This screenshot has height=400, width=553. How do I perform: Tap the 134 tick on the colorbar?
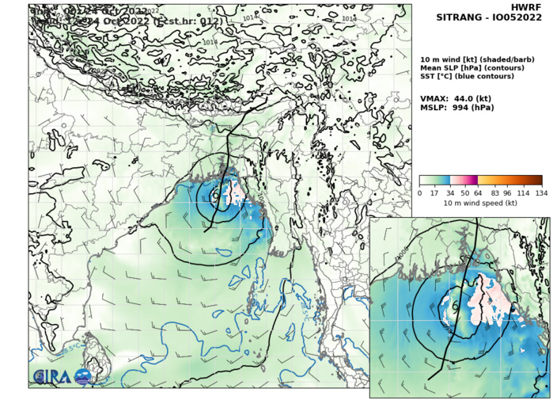541,193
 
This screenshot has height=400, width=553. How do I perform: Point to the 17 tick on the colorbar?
435,193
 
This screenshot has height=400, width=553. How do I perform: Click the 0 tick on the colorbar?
420,193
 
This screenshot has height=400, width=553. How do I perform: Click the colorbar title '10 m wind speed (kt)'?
480,204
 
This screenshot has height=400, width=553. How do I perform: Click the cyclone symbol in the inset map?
455,307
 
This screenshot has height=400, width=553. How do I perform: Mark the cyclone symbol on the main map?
216,194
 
